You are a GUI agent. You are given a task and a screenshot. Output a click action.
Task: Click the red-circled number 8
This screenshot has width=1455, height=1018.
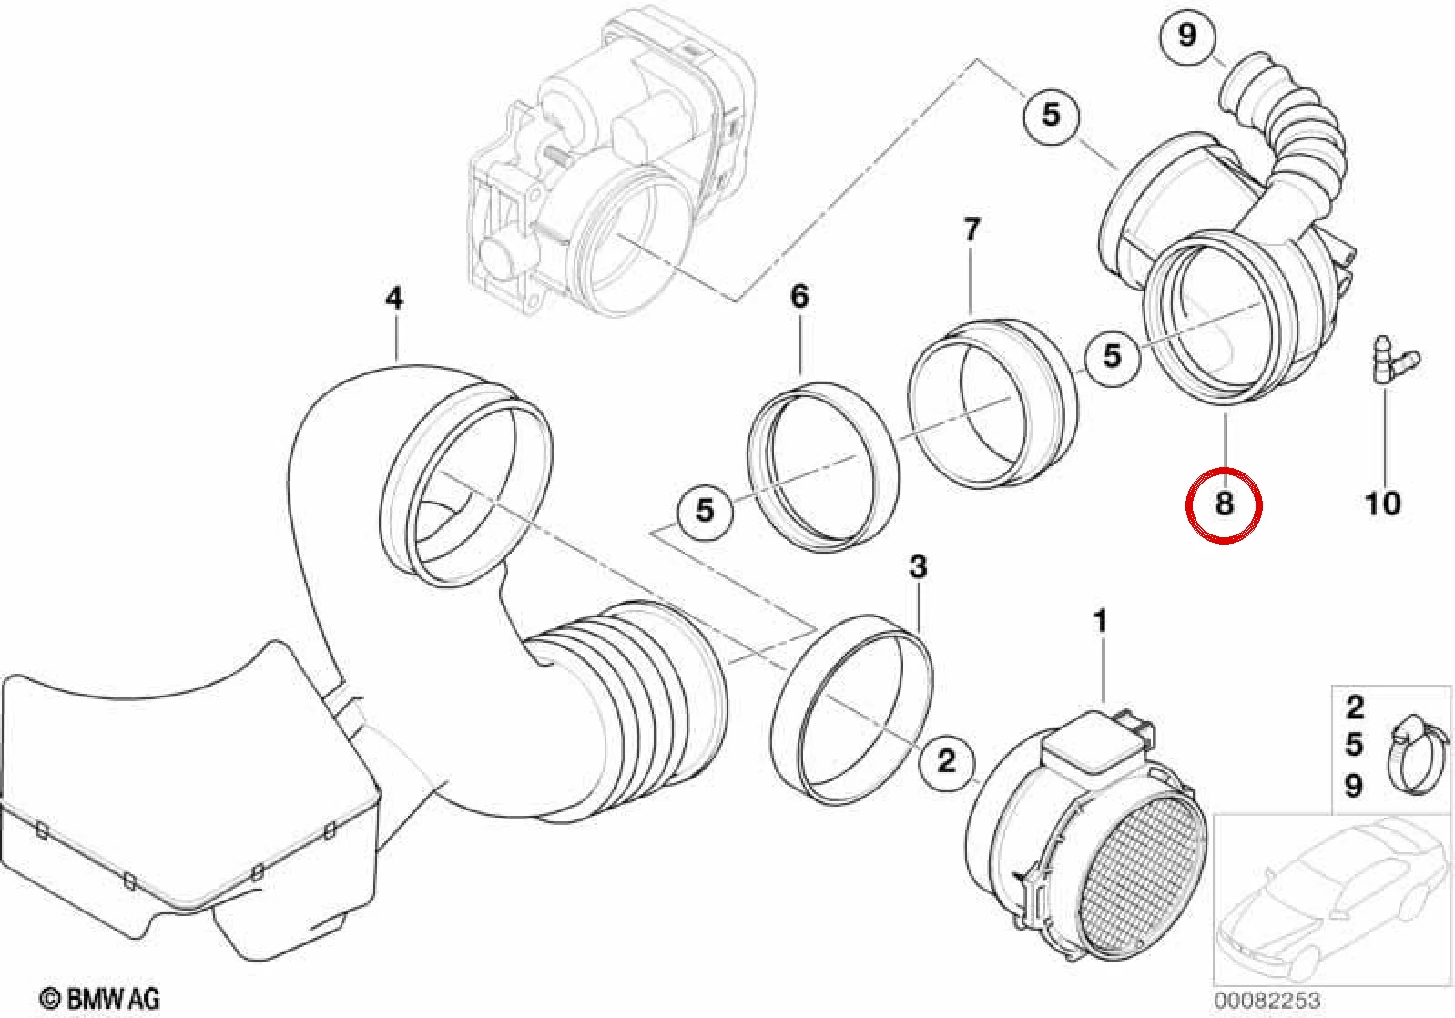[1224, 504]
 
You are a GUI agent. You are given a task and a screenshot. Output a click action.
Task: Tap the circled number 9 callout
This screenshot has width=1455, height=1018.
[1186, 36]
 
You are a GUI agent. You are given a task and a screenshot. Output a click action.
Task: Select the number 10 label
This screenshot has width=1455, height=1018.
[1382, 504]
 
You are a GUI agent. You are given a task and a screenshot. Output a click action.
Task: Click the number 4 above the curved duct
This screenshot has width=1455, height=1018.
[393, 298]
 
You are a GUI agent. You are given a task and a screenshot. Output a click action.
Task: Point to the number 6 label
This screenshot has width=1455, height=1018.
[799, 296]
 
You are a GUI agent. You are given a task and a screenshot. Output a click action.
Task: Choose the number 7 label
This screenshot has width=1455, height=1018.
[971, 229]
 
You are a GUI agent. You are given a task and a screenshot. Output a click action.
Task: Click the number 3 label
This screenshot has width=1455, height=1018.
[917, 567]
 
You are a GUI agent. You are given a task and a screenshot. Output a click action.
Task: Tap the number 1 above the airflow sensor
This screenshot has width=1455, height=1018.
[1100, 622]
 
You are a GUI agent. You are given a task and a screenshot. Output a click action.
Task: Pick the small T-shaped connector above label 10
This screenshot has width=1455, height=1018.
[1395, 361]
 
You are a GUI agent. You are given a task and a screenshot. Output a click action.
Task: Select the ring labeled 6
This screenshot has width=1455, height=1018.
[822, 466]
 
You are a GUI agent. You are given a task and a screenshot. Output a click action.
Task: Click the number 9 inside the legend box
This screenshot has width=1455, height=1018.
[1354, 786]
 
